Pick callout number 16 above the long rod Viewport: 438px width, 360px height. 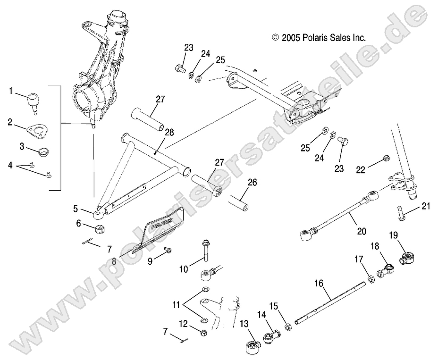pos(319,284)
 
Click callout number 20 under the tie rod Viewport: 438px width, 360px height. pos(362,231)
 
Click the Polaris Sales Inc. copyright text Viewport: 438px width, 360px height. pos(319,38)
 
